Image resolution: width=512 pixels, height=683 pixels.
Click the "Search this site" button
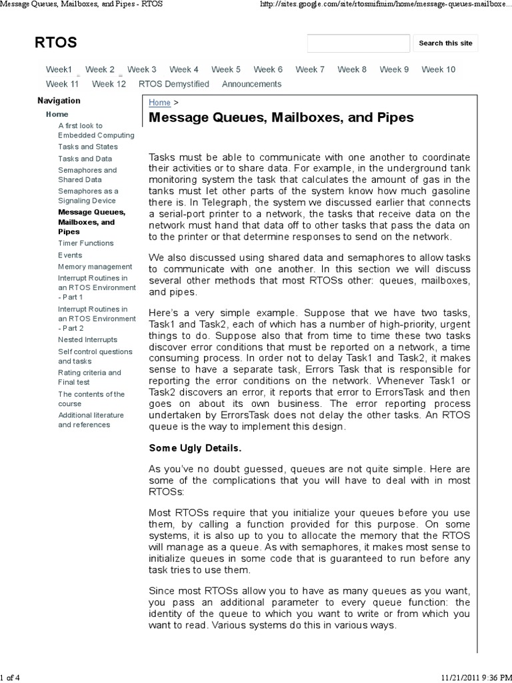tap(445, 43)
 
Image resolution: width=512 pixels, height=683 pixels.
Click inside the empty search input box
tap(358, 43)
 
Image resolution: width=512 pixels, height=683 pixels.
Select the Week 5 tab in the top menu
tap(226, 69)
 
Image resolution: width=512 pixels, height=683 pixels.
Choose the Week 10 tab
tap(438, 69)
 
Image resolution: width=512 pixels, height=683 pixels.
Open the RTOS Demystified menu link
tap(173, 84)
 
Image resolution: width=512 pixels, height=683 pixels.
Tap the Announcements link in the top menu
tap(251, 84)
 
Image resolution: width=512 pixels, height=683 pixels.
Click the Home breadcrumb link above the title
tap(159, 102)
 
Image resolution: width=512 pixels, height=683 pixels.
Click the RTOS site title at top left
tap(56, 43)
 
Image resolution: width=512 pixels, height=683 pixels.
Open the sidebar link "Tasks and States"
tap(87, 147)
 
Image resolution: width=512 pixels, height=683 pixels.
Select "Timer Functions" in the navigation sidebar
tap(86, 243)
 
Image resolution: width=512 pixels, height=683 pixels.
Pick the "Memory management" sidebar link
tap(95, 267)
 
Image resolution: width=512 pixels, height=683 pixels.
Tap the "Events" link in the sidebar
tap(70, 255)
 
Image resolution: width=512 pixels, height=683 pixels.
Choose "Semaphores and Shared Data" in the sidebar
tap(87, 175)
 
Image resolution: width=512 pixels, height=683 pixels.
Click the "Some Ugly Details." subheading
tap(195, 448)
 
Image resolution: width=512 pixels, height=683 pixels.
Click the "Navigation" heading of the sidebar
tap(59, 101)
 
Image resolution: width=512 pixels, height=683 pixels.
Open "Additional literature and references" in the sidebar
tap(91, 420)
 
